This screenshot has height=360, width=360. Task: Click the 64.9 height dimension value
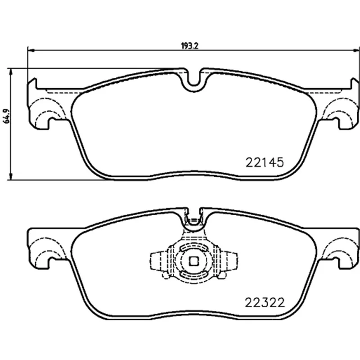tap(7, 116)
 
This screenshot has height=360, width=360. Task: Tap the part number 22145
tap(265, 162)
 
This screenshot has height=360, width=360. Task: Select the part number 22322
tap(265, 302)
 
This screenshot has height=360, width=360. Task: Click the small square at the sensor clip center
tap(194, 261)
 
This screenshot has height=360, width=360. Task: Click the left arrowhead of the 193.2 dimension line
tap(31, 49)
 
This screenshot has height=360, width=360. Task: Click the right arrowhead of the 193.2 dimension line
tap(356, 49)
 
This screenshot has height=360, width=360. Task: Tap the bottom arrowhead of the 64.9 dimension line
tap(10, 176)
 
